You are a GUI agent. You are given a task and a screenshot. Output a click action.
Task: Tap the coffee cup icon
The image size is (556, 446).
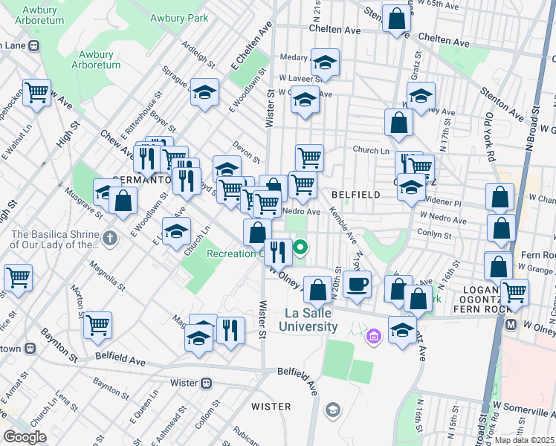point(357,283)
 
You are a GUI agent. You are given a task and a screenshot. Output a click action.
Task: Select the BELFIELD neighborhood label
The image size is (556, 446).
point(355,194)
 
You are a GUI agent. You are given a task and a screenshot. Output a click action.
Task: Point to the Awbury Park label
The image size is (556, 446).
point(178,18)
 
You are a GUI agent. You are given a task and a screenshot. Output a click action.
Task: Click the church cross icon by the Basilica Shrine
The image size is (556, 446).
point(110,239)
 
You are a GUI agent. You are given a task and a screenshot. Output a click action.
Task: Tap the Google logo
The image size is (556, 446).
point(25,436)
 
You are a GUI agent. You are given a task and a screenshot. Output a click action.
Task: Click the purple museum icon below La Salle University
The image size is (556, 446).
point(373,338)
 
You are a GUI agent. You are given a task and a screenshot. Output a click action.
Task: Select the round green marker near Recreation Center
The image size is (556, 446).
point(301,248)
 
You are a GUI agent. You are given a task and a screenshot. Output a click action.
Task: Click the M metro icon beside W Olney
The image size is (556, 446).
point(511,325)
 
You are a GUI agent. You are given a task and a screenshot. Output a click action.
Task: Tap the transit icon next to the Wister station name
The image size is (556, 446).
point(206,384)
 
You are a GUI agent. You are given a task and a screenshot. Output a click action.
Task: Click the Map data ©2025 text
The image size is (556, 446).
point(524,440)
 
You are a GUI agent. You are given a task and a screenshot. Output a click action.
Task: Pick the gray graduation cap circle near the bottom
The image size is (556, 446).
point(332,409)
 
